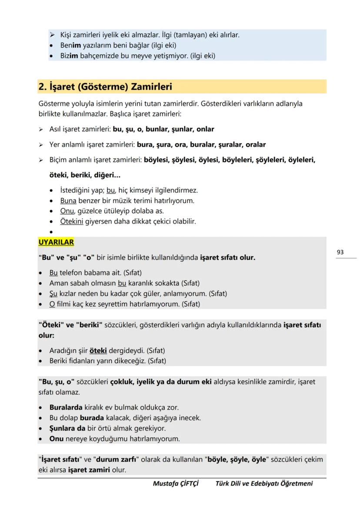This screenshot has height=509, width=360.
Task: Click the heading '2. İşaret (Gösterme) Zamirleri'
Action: click(105, 87)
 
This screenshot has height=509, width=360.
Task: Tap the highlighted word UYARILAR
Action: click(56, 242)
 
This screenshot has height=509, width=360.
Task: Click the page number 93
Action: click(340, 252)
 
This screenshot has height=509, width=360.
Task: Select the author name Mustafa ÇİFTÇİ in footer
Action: click(176, 483)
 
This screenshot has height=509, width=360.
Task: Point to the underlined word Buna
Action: click(68, 201)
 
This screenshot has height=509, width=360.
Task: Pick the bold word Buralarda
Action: click(66, 408)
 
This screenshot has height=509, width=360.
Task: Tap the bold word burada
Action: click(91, 418)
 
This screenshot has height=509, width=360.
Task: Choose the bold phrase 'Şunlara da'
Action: click(67, 429)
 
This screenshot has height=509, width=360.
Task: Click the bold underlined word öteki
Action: click(98, 350)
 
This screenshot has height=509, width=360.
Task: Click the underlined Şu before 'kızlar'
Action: click(53, 294)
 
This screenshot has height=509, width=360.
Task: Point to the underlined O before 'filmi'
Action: click(52, 304)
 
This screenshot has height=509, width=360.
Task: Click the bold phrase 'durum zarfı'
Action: click(116, 460)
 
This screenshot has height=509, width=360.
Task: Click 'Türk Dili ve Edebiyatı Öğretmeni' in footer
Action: click(264, 483)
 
